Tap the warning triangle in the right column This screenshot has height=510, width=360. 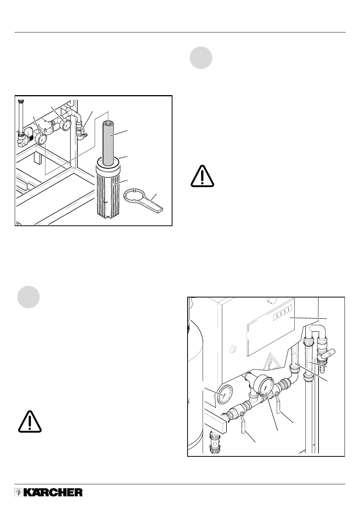click(202, 176)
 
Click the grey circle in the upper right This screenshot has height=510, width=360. click(201, 58)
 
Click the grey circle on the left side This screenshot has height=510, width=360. click(28, 297)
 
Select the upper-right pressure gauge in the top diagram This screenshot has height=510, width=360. click(66, 125)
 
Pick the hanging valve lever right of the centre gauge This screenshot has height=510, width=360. click(278, 404)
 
